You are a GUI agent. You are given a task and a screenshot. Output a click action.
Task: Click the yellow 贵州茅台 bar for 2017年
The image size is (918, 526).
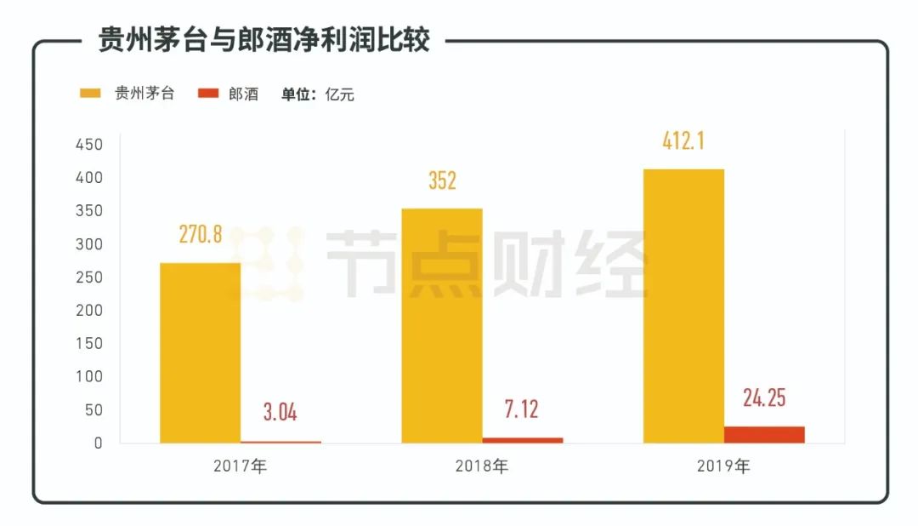(x=200, y=352)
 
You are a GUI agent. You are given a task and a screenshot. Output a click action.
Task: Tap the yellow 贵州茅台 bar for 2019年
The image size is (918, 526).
(x=683, y=306)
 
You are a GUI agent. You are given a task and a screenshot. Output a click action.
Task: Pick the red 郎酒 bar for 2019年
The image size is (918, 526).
(x=764, y=434)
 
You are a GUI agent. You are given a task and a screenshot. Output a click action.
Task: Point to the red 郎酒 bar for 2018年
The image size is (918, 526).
(x=522, y=439)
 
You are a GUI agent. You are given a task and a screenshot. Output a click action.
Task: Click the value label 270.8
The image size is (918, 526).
(x=201, y=235)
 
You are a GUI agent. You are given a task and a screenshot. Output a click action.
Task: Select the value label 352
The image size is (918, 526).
(x=442, y=180)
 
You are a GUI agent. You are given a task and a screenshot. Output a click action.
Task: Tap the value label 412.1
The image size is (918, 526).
(x=683, y=140)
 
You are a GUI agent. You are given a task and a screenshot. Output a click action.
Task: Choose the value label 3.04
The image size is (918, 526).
(x=280, y=414)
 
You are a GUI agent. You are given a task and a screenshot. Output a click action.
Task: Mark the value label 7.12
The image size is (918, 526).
(x=522, y=409)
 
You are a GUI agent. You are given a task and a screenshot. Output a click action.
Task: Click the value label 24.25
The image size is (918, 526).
(x=764, y=397)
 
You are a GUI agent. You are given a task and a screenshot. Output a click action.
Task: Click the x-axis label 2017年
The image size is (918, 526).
(x=241, y=466)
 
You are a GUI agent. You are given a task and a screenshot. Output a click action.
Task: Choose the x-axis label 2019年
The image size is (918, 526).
(x=723, y=466)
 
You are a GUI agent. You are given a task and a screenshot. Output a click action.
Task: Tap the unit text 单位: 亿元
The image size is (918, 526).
(x=318, y=94)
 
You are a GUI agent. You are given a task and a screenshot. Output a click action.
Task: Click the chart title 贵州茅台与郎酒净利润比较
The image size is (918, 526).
(x=263, y=40)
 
